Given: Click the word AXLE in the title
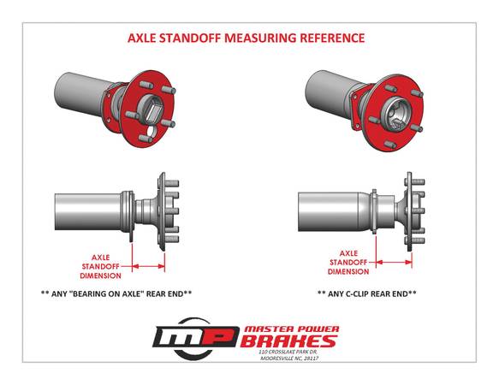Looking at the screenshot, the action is (141, 38).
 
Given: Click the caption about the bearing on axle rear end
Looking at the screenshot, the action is (116, 293).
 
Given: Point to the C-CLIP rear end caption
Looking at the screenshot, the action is (366, 293).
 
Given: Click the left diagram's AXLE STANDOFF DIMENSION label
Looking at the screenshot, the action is (100, 267).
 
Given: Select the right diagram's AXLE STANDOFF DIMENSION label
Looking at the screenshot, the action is (348, 263).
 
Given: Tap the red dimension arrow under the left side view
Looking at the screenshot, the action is (148, 266).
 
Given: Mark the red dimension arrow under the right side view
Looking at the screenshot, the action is (394, 263).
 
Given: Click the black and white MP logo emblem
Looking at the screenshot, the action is (195, 338).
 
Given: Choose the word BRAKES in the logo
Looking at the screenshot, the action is (288, 341).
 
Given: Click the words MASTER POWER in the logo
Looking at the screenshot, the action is (291, 329).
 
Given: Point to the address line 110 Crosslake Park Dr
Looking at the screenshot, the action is (288, 352).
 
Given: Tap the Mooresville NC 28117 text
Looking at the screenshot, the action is (289, 358).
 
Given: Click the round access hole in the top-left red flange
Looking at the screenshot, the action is (152, 130).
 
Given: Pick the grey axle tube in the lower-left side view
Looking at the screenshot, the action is (87, 212).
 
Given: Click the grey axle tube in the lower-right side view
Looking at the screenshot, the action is (331, 211).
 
